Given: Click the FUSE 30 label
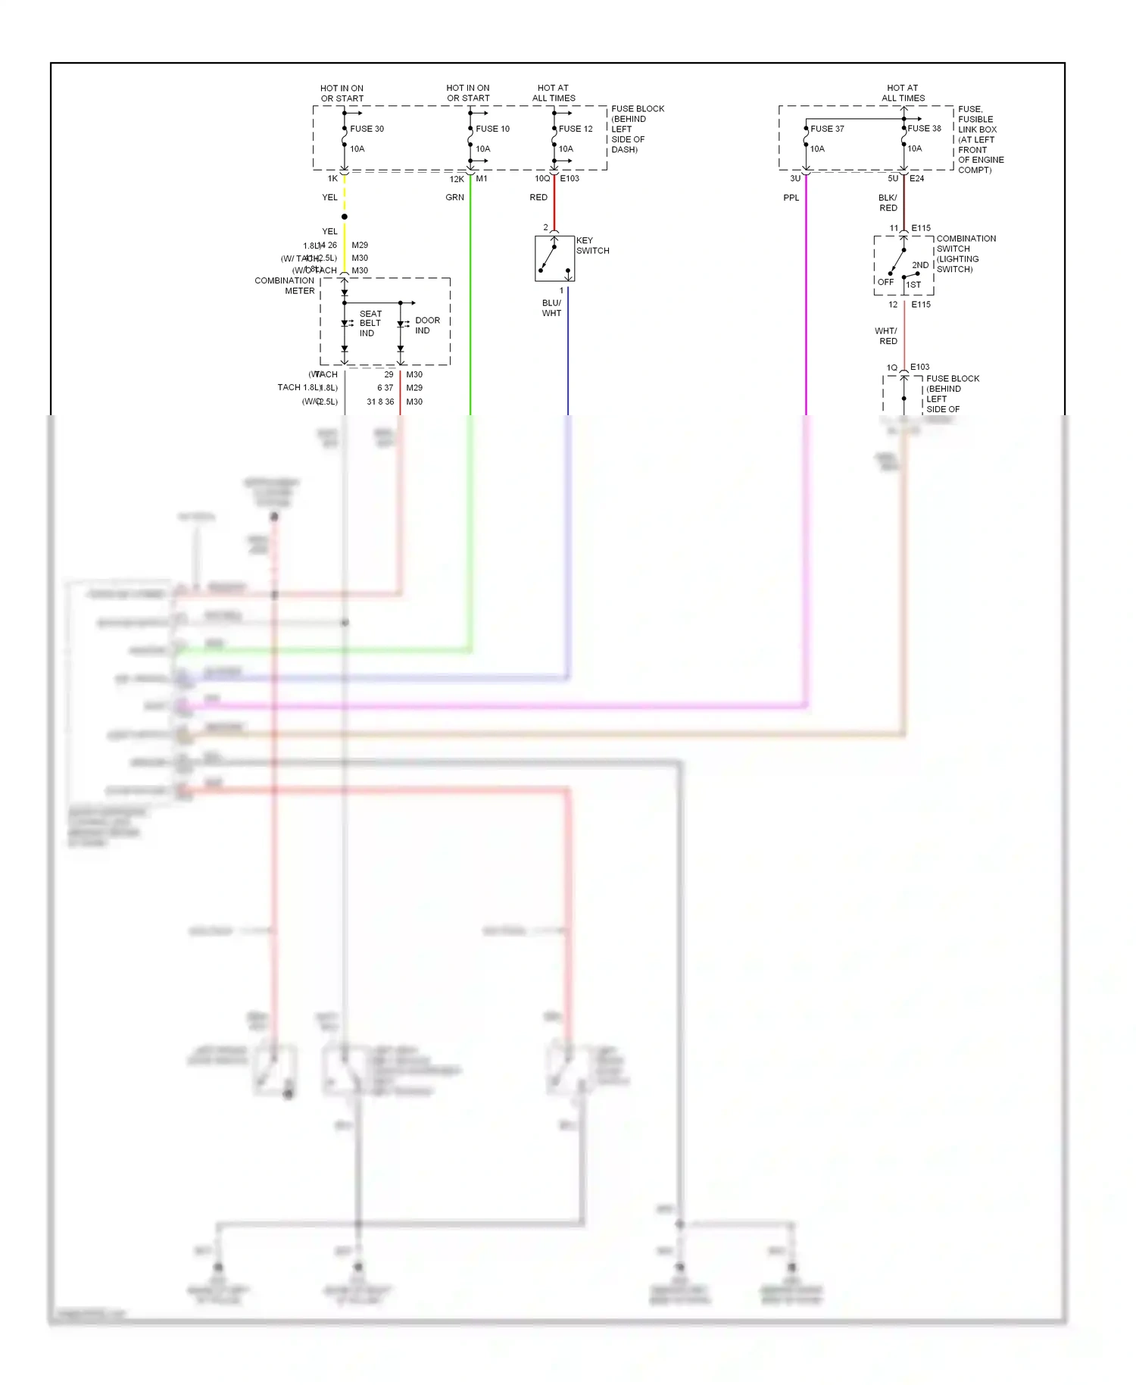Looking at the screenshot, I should (x=367, y=129).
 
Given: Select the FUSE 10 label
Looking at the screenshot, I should (x=492, y=129).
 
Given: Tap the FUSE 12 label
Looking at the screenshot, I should (x=576, y=129).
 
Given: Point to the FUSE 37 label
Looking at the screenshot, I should (x=827, y=129).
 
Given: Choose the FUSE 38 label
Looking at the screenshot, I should (x=924, y=128).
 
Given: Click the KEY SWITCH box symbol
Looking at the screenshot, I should (x=554, y=258).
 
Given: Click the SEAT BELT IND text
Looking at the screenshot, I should (x=370, y=324).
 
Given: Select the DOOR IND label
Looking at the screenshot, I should (x=427, y=325).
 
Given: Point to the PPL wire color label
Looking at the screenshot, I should (x=791, y=198).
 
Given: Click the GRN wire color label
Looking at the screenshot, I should (x=454, y=198).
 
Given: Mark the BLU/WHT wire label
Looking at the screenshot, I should (x=551, y=308).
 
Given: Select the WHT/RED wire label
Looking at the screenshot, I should (x=886, y=336).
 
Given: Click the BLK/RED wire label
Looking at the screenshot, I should (x=888, y=202).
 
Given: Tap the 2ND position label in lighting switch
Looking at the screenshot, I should (x=920, y=265).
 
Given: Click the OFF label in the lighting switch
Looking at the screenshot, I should (x=885, y=282).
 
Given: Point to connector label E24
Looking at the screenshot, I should (x=916, y=179).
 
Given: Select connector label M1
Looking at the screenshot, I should (x=482, y=179).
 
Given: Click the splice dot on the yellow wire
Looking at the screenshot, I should (x=345, y=217).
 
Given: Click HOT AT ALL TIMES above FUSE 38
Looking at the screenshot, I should (x=903, y=93).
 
